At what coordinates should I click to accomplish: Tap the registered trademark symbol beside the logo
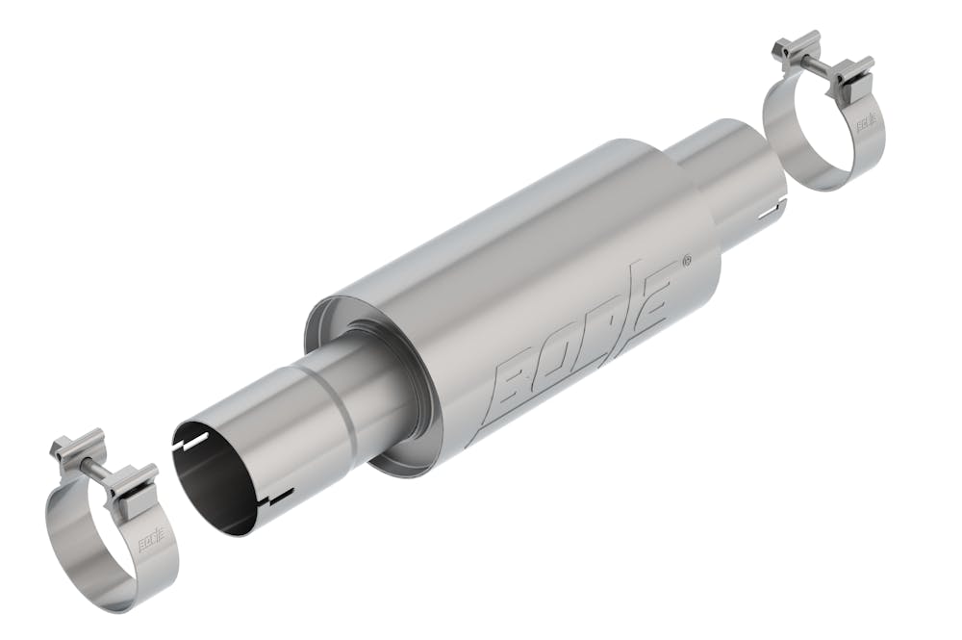(686, 260)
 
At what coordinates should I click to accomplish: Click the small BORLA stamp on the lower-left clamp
(151, 544)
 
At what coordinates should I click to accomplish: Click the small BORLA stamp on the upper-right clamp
(866, 122)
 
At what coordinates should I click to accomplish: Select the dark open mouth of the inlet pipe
(214, 481)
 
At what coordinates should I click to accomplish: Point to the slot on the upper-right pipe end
(772, 206)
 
